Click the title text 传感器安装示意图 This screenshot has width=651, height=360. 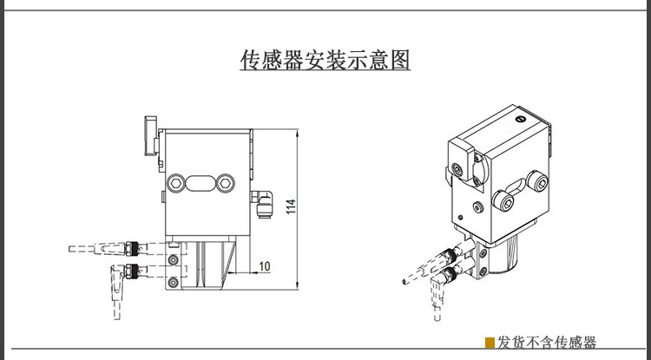[325, 60]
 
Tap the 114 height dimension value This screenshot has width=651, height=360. [291, 206]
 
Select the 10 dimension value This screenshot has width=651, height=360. [265, 265]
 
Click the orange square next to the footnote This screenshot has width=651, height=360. [490, 343]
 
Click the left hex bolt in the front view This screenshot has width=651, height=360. [177, 182]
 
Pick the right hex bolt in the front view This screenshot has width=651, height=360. [227, 182]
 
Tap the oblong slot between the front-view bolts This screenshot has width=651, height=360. [201, 182]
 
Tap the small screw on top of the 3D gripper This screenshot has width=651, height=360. [520, 119]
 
